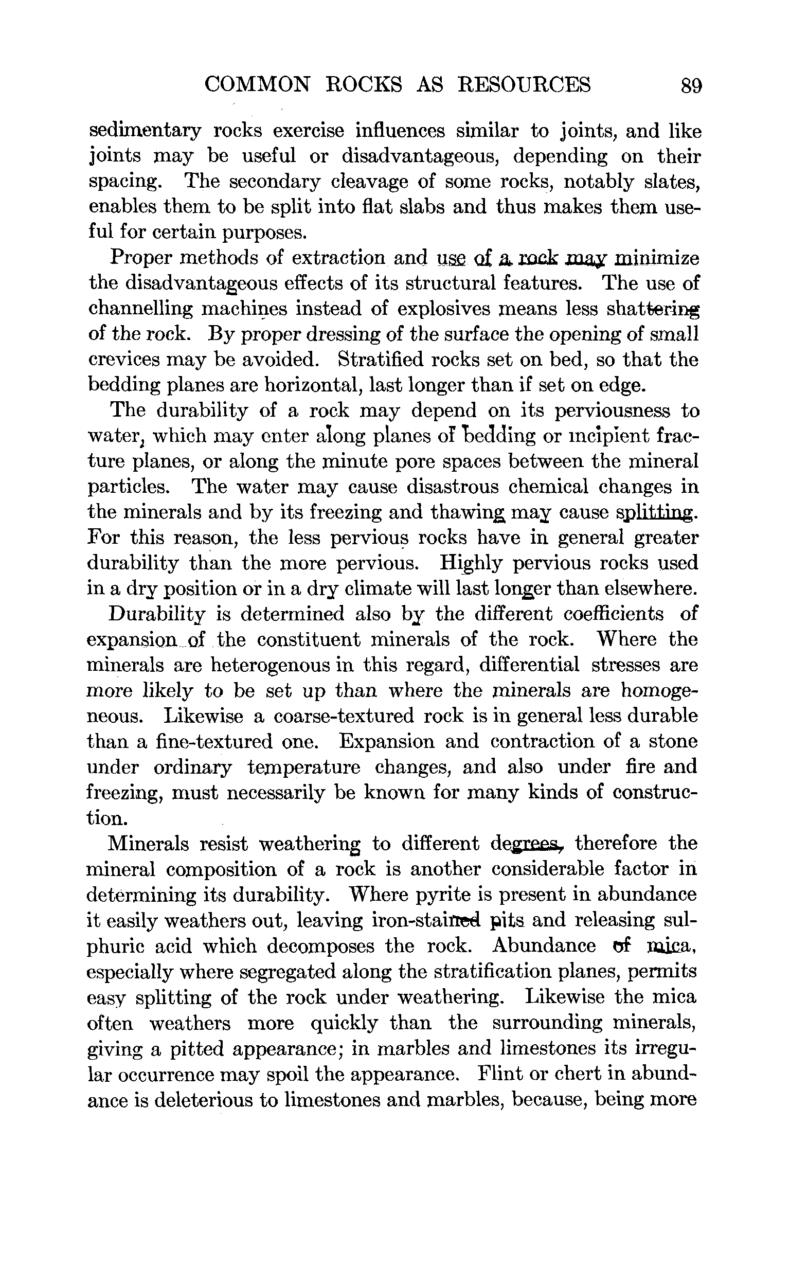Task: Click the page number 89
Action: click(691, 85)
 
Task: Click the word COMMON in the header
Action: click(257, 84)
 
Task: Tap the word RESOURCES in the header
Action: click(525, 84)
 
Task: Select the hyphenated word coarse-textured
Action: click(344, 716)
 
